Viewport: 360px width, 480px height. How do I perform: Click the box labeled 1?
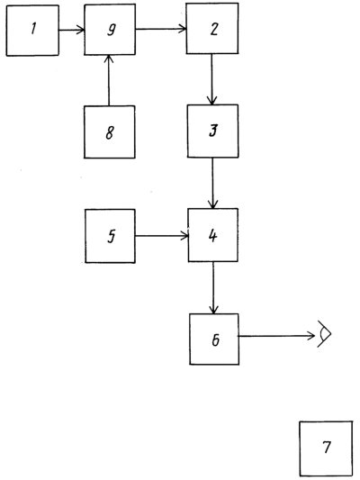(32, 31)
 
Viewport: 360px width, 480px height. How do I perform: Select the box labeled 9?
(110, 30)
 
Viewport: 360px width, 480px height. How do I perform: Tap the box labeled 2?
(212, 29)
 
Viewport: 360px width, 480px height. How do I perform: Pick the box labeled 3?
(213, 131)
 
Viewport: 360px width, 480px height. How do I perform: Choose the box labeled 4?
(213, 235)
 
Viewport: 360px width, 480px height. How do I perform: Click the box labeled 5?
(110, 236)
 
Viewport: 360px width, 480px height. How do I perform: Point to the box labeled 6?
(214, 340)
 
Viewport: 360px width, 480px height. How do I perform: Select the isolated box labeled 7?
(326, 448)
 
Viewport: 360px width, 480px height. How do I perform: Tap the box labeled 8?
(110, 132)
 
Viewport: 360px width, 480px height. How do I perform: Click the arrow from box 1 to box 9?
(72, 30)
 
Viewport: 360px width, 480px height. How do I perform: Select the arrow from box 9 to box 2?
(161, 29)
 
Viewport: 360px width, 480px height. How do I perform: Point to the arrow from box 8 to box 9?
(109, 80)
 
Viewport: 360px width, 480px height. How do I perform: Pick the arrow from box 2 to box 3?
(211, 79)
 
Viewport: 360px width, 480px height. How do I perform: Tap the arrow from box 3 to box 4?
(212, 183)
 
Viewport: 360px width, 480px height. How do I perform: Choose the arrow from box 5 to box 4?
(161, 236)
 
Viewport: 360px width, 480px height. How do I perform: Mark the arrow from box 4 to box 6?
(213, 288)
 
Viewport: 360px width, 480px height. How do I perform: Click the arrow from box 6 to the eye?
(276, 336)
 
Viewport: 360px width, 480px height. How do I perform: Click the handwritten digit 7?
(327, 447)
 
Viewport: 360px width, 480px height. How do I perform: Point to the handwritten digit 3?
(213, 130)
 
